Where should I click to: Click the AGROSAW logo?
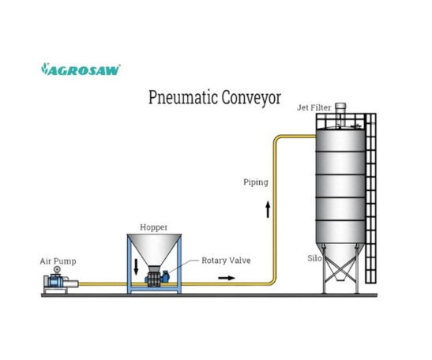(80, 69)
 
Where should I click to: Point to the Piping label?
(255, 182)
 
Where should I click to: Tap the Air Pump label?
(58, 261)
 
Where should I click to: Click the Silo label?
(314, 258)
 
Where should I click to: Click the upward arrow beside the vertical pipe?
(268, 208)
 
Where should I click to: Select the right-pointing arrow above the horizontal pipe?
(226, 277)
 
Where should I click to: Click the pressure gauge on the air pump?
(56, 272)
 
